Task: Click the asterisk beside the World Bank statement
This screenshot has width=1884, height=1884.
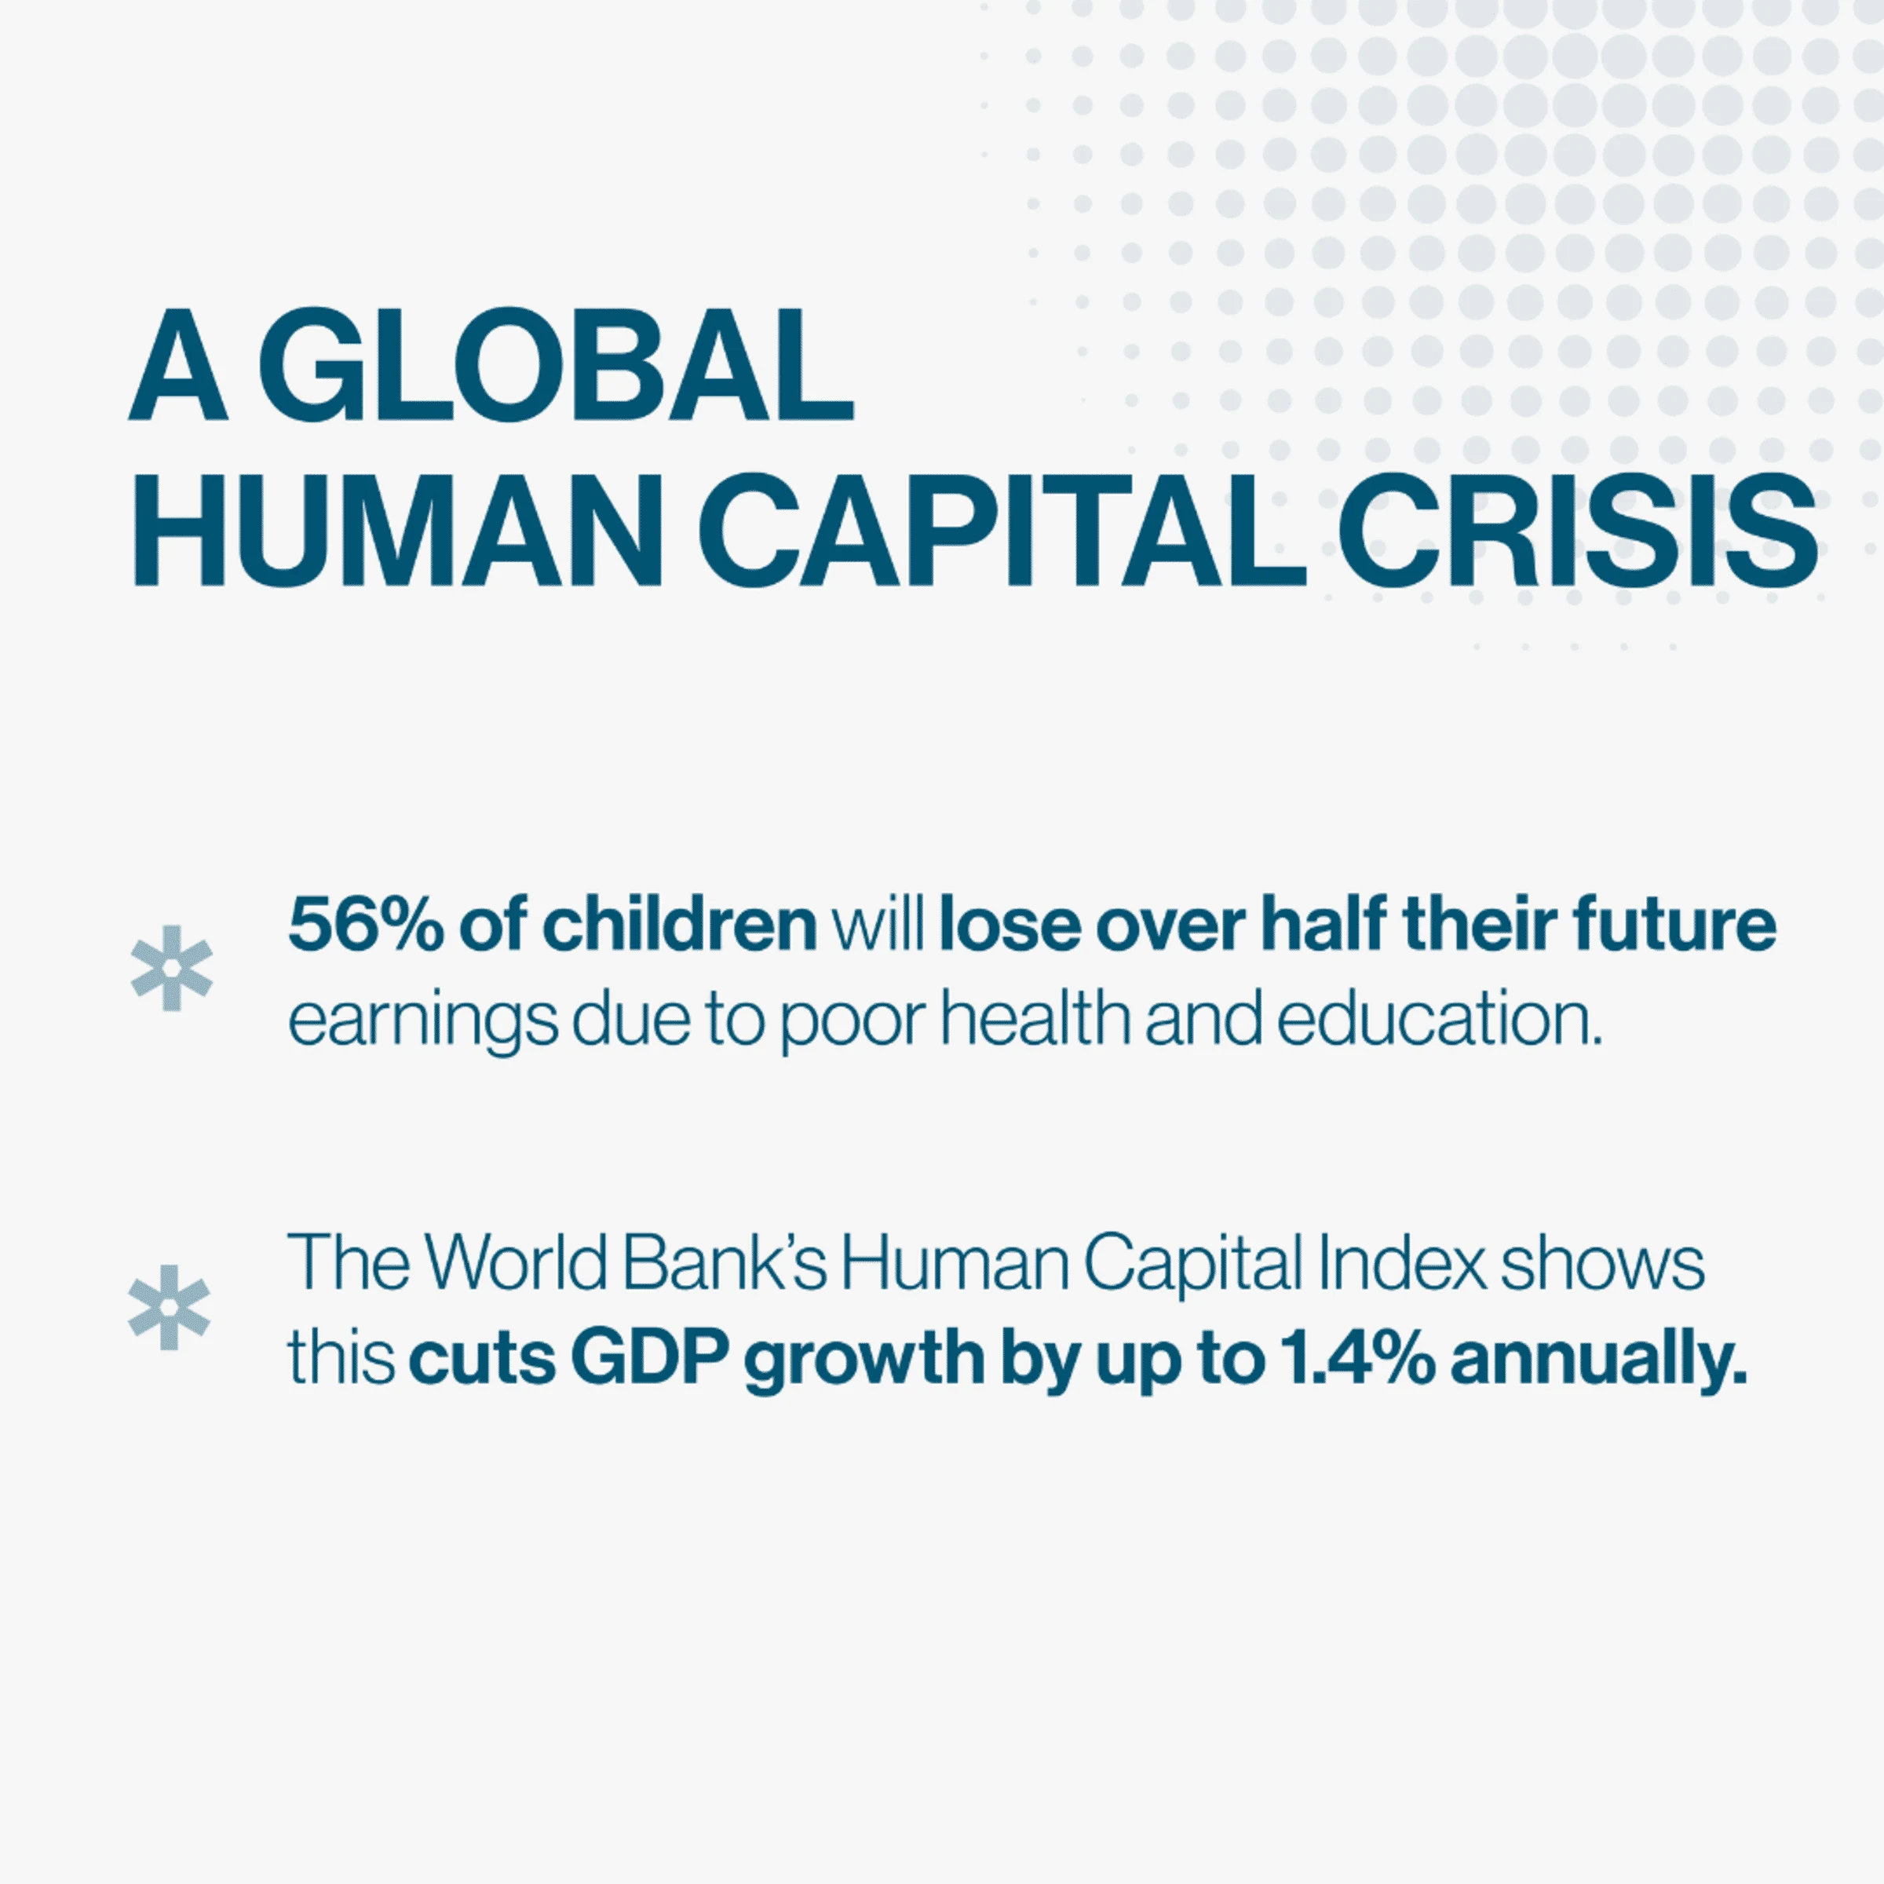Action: pyautogui.click(x=170, y=1307)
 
